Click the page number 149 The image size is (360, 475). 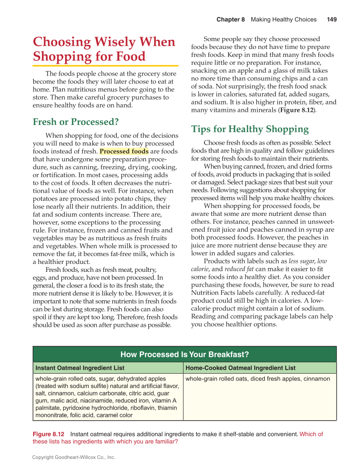(332, 20)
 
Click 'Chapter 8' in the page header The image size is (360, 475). (231, 20)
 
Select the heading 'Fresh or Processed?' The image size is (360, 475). (76, 122)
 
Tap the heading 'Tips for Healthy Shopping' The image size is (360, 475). (250, 129)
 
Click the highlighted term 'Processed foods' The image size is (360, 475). (124, 152)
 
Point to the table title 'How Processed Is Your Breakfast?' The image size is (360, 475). (184, 354)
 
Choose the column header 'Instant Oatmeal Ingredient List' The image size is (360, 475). (80, 368)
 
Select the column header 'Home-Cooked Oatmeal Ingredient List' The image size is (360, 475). (240, 368)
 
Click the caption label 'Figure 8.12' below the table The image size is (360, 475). (48, 434)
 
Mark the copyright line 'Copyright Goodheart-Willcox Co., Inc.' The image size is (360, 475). (73, 457)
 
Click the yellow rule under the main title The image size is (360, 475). (105, 66)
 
